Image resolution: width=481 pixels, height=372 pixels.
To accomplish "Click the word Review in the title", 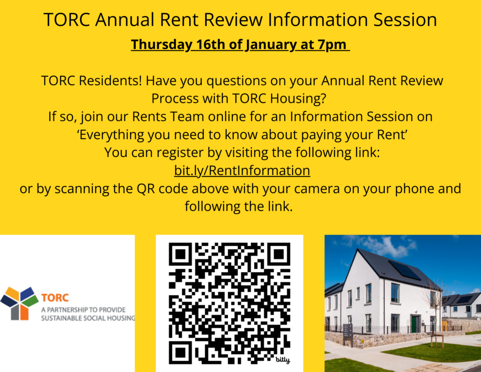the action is click(233, 20).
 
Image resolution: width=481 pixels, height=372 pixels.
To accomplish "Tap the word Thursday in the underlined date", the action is click(162, 45).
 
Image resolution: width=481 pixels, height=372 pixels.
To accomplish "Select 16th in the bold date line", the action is click(211, 45).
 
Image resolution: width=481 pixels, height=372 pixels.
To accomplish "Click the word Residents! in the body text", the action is click(110, 81).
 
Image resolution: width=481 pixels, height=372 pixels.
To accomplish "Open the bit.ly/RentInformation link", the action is click(242, 171).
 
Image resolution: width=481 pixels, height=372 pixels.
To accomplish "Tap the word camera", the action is click(317, 189).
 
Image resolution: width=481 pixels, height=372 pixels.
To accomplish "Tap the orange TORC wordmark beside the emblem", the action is click(55, 298).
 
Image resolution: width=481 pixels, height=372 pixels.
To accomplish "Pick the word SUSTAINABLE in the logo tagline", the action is click(59, 318).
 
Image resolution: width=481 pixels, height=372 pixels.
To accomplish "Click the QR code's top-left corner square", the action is click(180, 254).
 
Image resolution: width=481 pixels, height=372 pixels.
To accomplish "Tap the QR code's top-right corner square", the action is click(279, 254).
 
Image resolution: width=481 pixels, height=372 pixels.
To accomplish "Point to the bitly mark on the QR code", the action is click(282, 359).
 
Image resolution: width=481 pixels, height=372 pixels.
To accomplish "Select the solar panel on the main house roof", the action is click(404, 270).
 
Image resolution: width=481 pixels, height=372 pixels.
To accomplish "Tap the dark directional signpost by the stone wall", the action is click(348, 334).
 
